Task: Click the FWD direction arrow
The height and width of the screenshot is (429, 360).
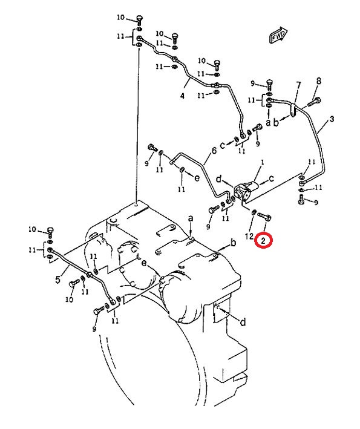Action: point(277,35)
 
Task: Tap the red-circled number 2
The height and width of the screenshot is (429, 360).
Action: point(263,241)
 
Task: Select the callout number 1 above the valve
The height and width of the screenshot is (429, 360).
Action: point(263,163)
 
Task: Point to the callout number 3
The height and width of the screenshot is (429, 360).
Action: point(332,119)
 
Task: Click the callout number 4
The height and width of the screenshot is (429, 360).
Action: point(182,96)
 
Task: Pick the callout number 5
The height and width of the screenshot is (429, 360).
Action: point(57,280)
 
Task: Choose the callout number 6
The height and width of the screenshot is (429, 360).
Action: point(214,150)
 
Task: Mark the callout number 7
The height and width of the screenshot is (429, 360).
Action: point(298,86)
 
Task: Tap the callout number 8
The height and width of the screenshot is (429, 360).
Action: point(319,81)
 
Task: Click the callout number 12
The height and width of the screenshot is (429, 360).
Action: point(249,236)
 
